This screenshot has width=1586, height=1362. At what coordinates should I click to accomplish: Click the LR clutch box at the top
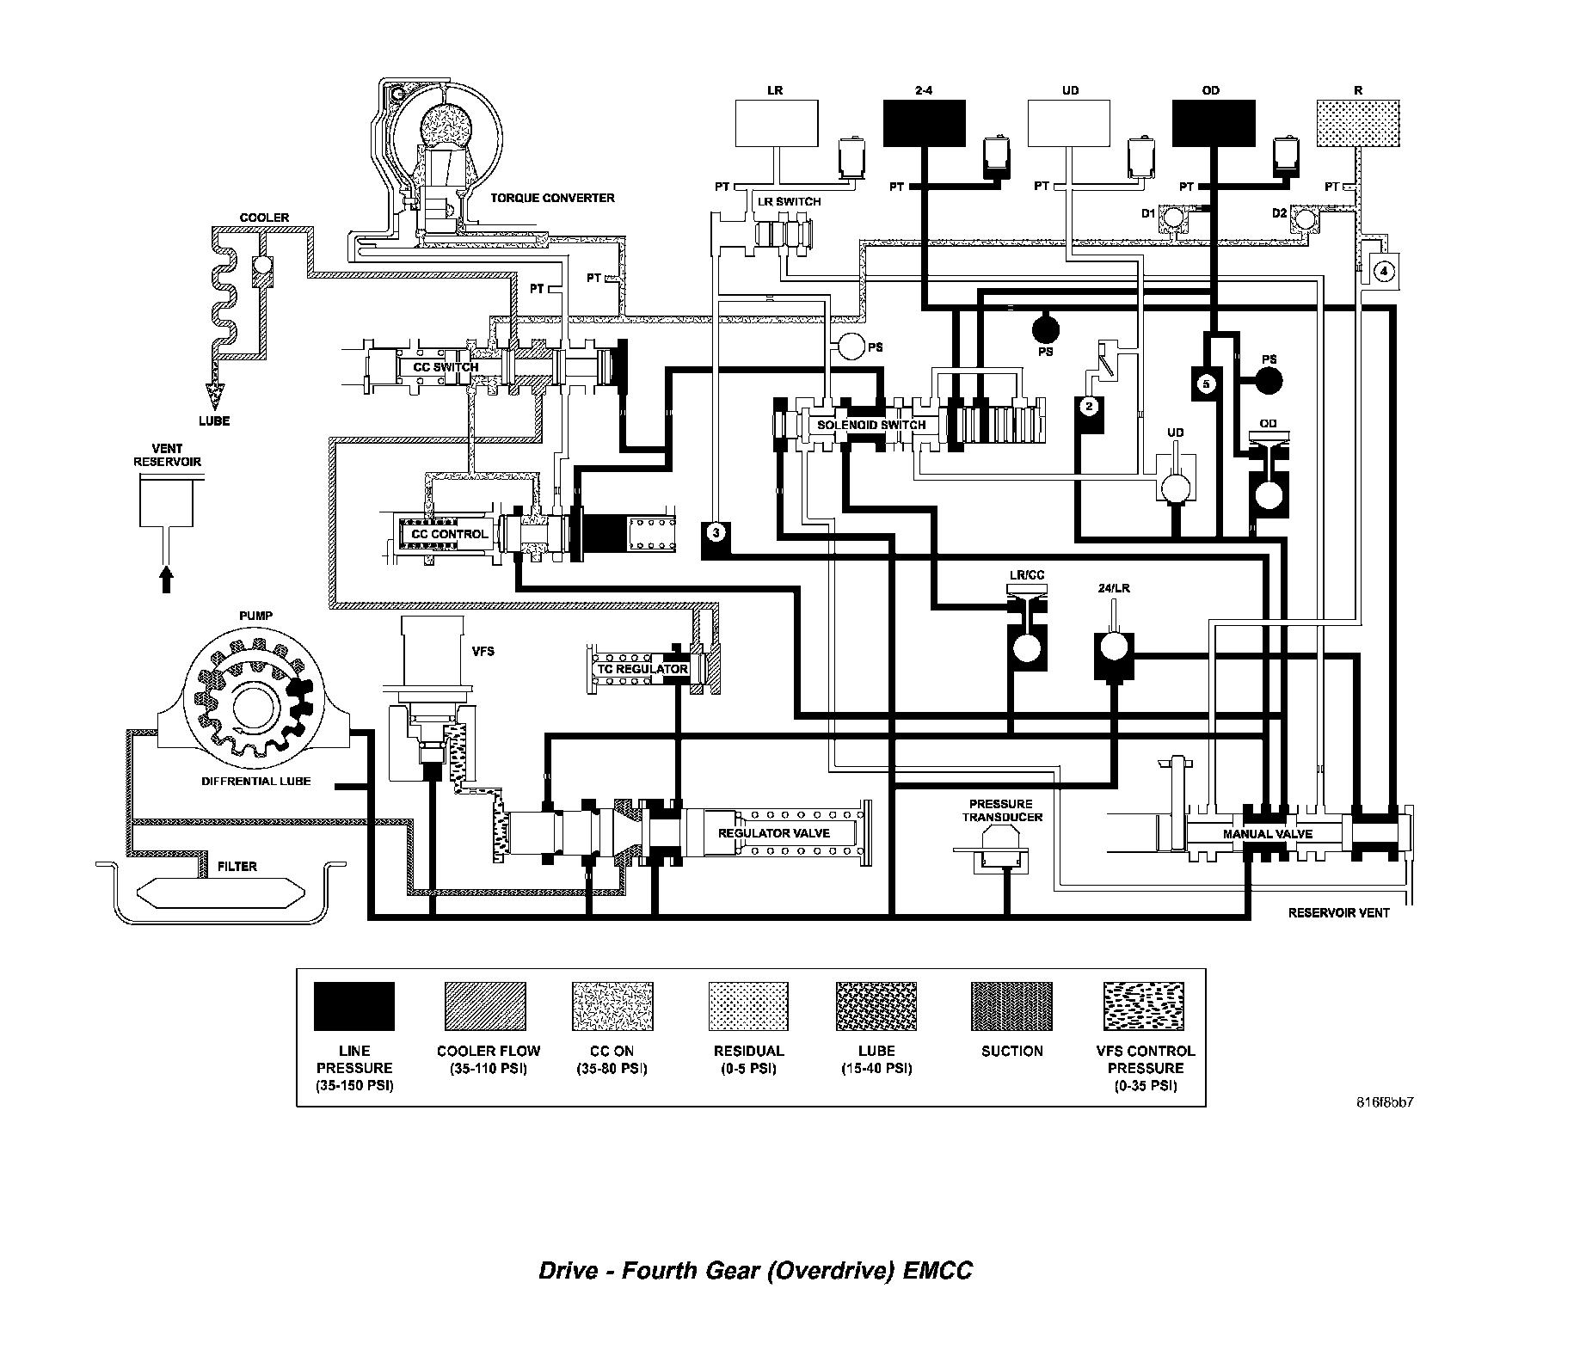[776, 124]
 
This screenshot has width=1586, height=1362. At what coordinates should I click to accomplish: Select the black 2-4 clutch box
[924, 124]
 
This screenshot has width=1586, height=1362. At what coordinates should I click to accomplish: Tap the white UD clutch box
[1070, 124]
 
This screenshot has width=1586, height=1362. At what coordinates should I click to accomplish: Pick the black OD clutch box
[1213, 124]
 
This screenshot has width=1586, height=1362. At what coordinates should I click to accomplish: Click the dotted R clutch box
[1357, 124]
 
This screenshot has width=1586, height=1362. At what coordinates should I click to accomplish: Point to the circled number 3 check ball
[716, 533]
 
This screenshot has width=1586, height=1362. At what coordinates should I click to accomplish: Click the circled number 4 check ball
[1383, 272]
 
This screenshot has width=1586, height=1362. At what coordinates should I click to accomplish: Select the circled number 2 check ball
[1089, 406]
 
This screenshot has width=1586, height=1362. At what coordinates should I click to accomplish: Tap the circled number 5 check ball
[1206, 383]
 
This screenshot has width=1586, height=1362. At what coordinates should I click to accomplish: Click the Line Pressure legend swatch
[353, 1006]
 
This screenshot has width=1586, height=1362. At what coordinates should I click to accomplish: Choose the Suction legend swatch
[1011, 1006]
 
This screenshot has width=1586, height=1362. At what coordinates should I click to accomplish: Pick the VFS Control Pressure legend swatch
[1145, 1006]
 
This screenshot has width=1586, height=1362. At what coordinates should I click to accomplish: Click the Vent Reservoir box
[166, 503]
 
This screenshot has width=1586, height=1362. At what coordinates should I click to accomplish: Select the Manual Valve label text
[1267, 834]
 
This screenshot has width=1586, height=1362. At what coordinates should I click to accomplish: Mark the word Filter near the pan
[237, 867]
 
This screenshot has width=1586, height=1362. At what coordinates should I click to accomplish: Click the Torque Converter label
[552, 198]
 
